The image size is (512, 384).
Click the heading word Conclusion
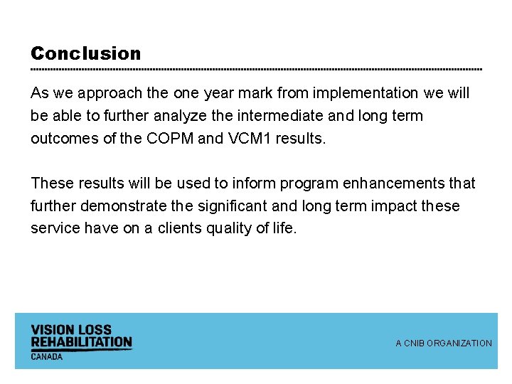(86, 53)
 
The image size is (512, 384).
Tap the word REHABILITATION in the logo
(81, 342)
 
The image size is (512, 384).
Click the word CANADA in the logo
(47, 356)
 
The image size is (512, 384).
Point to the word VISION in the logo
(51, 330)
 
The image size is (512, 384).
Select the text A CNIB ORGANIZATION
(444, 343)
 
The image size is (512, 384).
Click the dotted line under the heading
(256, 69)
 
